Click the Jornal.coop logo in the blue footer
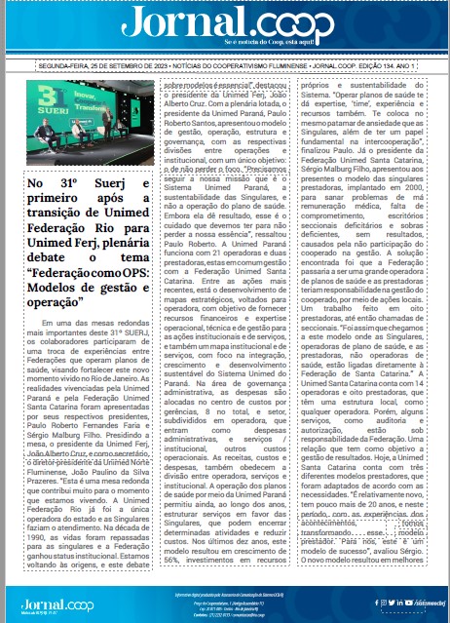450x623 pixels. click(54, 602)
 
